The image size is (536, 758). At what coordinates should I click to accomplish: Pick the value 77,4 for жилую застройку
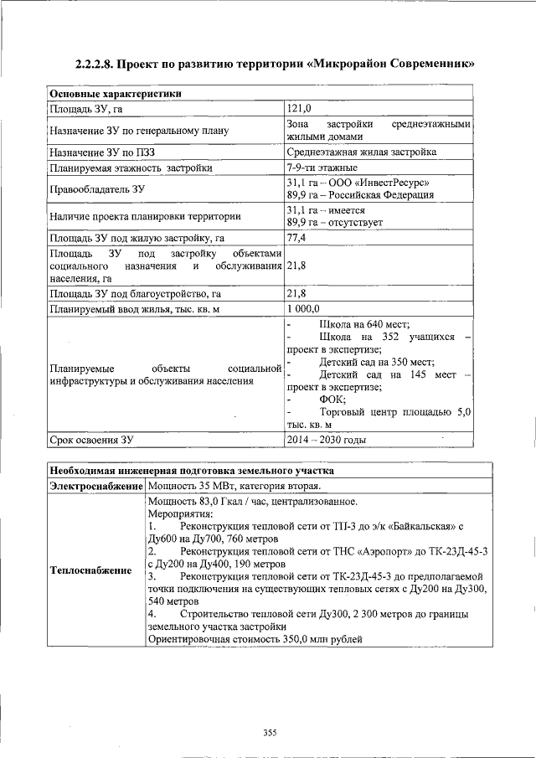[296, 239]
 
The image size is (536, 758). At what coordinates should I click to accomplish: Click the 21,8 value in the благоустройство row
[296, 294]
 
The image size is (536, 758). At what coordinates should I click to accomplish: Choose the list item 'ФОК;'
[332, 400]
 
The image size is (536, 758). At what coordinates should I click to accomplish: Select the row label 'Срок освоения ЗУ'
[91, 439]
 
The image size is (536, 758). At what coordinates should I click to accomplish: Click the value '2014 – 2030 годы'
[326, 439]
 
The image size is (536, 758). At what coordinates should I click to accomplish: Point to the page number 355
[269, 733]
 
